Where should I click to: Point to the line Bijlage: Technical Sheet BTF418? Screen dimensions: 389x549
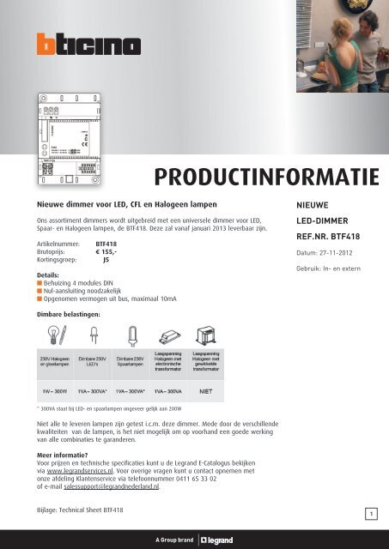(x=80, y=510)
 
